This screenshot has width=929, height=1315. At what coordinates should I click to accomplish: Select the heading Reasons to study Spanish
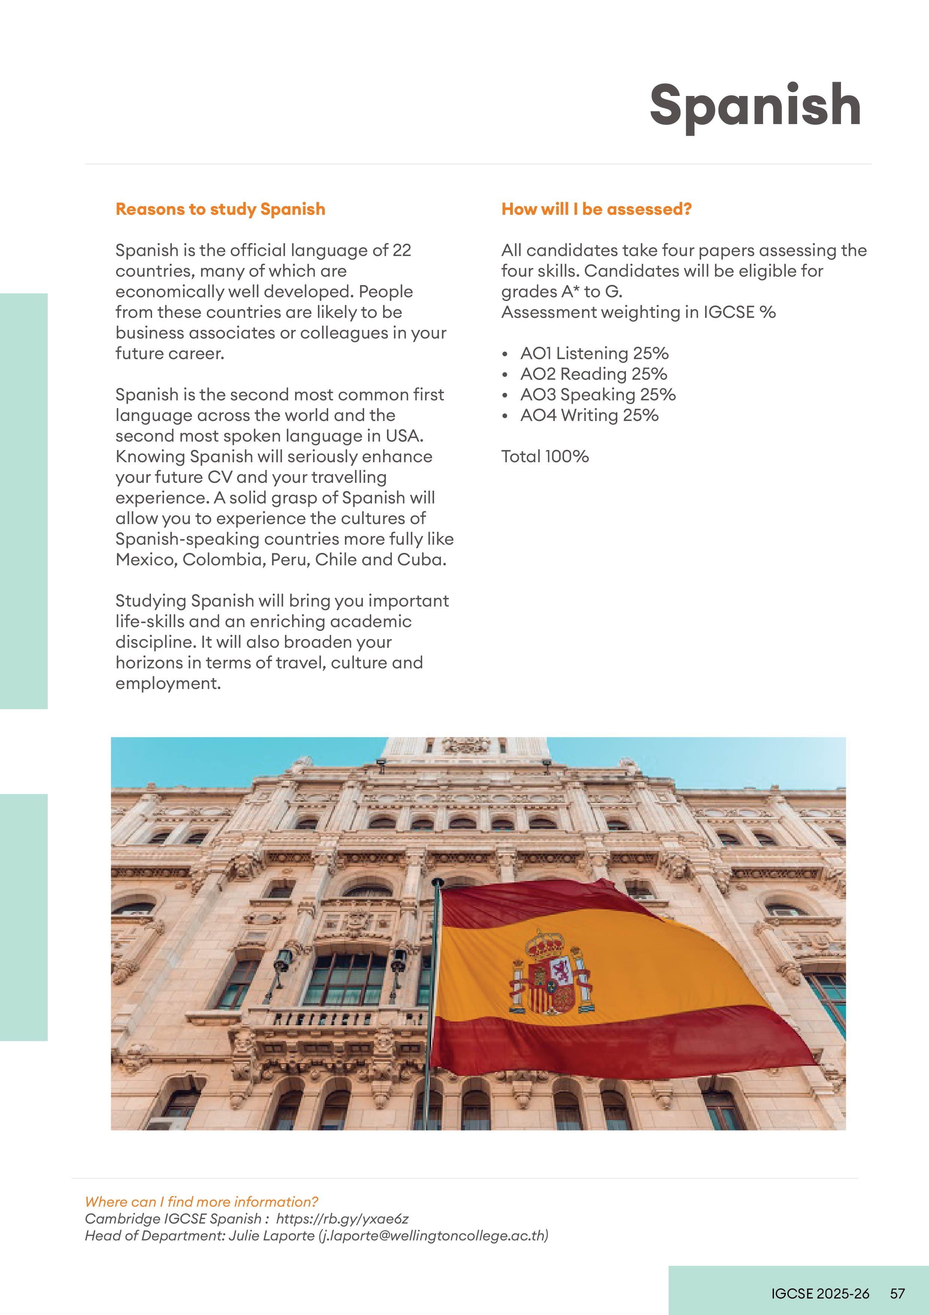click(220, 209)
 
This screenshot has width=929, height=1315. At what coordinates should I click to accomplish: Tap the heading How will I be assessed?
click(596, 209)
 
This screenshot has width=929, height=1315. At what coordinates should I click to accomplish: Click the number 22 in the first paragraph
click(401, 250)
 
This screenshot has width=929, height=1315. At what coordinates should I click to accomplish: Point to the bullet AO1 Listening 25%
click(594, 353)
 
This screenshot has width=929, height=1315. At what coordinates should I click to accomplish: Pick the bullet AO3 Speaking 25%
click(597, 395)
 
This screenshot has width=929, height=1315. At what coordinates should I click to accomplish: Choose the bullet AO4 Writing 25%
click(589, 415)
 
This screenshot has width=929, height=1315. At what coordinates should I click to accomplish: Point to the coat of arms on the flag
click(551, 971)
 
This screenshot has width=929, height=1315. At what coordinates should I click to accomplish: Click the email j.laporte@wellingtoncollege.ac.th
click(433, 1236)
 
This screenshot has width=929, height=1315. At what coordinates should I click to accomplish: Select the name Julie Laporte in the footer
click(270, 1236)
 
